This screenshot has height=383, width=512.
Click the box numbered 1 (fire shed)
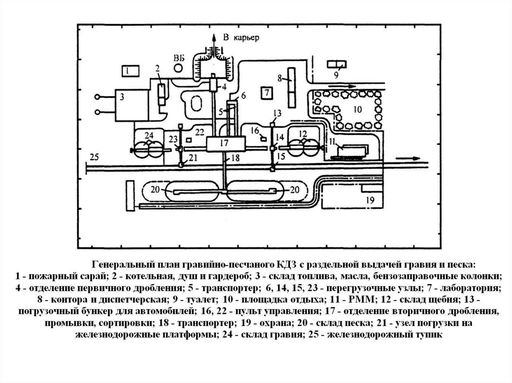click(x=128, y=71)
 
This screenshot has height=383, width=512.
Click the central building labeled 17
click(x=225, y=143)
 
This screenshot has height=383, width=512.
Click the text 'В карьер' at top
click(x=239, y=38)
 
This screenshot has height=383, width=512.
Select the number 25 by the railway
click(x=94, y=157)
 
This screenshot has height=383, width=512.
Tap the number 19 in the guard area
click(x=370, y=200)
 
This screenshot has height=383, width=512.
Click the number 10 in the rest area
click(x=357, y=109)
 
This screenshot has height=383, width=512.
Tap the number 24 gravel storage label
click(x=148, y=135)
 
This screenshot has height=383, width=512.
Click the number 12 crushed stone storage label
click(x=302, y=134)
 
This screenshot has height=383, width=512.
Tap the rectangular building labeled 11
click(x=351, y=149)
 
